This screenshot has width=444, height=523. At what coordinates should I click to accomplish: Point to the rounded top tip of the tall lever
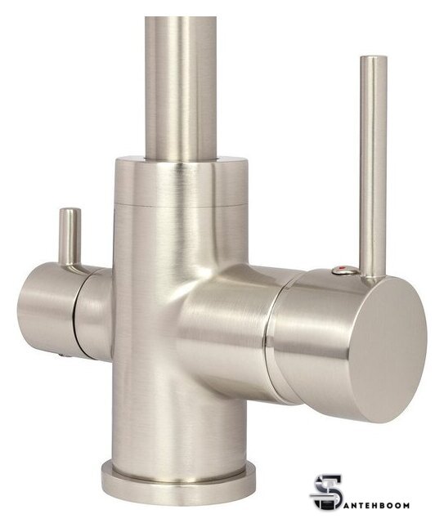(x=374, y=58)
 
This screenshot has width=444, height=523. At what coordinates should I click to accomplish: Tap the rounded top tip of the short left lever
(x=70, y=210)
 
